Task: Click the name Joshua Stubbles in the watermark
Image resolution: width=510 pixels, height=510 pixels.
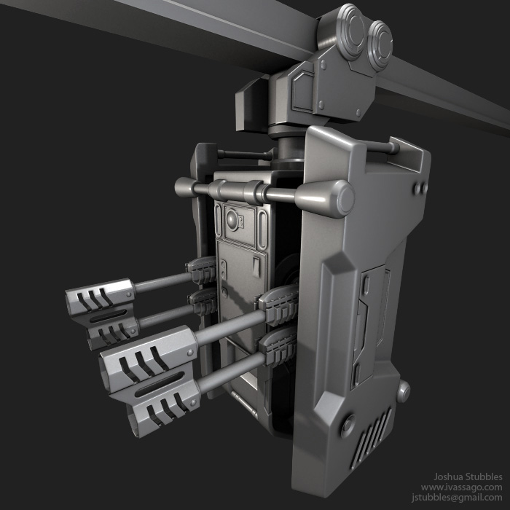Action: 468,476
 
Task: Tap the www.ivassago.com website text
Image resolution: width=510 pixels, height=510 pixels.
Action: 461,487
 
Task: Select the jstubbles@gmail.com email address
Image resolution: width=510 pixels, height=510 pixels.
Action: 457,498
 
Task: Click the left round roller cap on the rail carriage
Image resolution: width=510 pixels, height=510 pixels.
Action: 352,31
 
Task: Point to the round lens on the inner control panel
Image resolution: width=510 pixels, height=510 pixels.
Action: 232,220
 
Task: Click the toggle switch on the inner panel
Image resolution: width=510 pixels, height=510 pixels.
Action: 256,267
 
